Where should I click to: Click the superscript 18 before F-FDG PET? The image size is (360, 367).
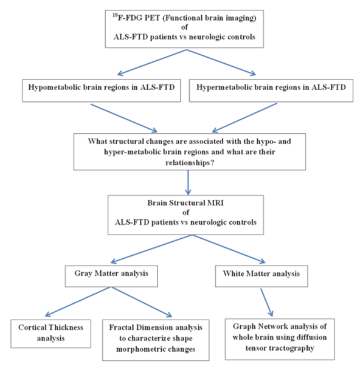[x=115, y=15]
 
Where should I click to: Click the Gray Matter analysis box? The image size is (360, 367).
[x=111, y=276]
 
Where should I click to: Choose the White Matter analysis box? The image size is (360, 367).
[x=261, y=276]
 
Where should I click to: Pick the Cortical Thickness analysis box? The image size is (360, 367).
[x=51, y=334]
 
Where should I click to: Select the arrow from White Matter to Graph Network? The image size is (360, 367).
[x=266, y=303]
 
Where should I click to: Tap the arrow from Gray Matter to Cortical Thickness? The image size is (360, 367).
[x=77, y=302]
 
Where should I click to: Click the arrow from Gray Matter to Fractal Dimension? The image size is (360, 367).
[x=141, y=302]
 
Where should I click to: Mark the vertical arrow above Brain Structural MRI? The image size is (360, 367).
[x=188, y=182]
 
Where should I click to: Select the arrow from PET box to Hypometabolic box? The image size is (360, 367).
[x=152, y=63]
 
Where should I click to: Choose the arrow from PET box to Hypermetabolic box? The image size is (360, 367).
[x=221, y=63]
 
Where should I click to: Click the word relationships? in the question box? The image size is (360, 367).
[x=190, y=162]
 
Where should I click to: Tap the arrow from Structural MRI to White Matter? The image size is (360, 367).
[x=229, y=249]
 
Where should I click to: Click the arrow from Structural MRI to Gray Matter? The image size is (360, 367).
[x=151, y=249]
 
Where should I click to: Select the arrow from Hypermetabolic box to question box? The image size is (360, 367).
[x=244, y=118]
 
